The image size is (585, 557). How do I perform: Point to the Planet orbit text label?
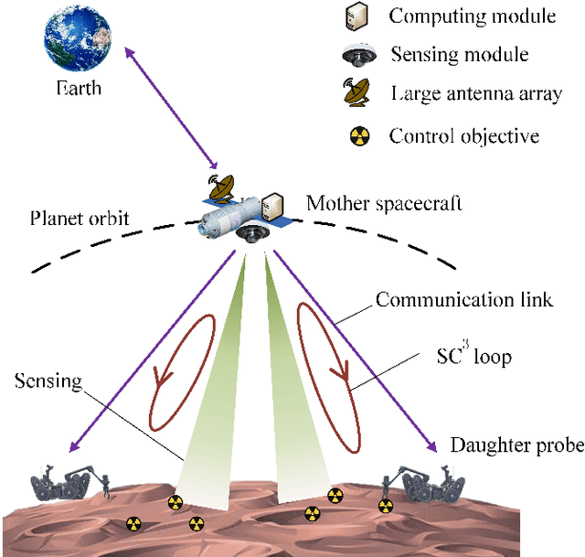coord(80,220)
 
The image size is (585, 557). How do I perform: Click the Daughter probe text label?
coord(516,445)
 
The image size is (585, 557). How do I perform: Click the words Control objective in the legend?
coord(463,136)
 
